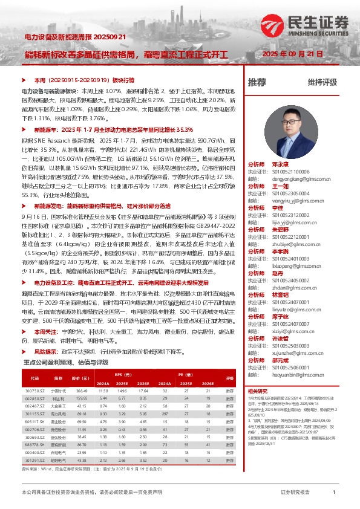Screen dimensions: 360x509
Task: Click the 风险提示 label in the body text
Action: pyautogui.click(x=47, y=351)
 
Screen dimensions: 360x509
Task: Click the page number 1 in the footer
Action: pyautogui.click(x=334, y=493)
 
